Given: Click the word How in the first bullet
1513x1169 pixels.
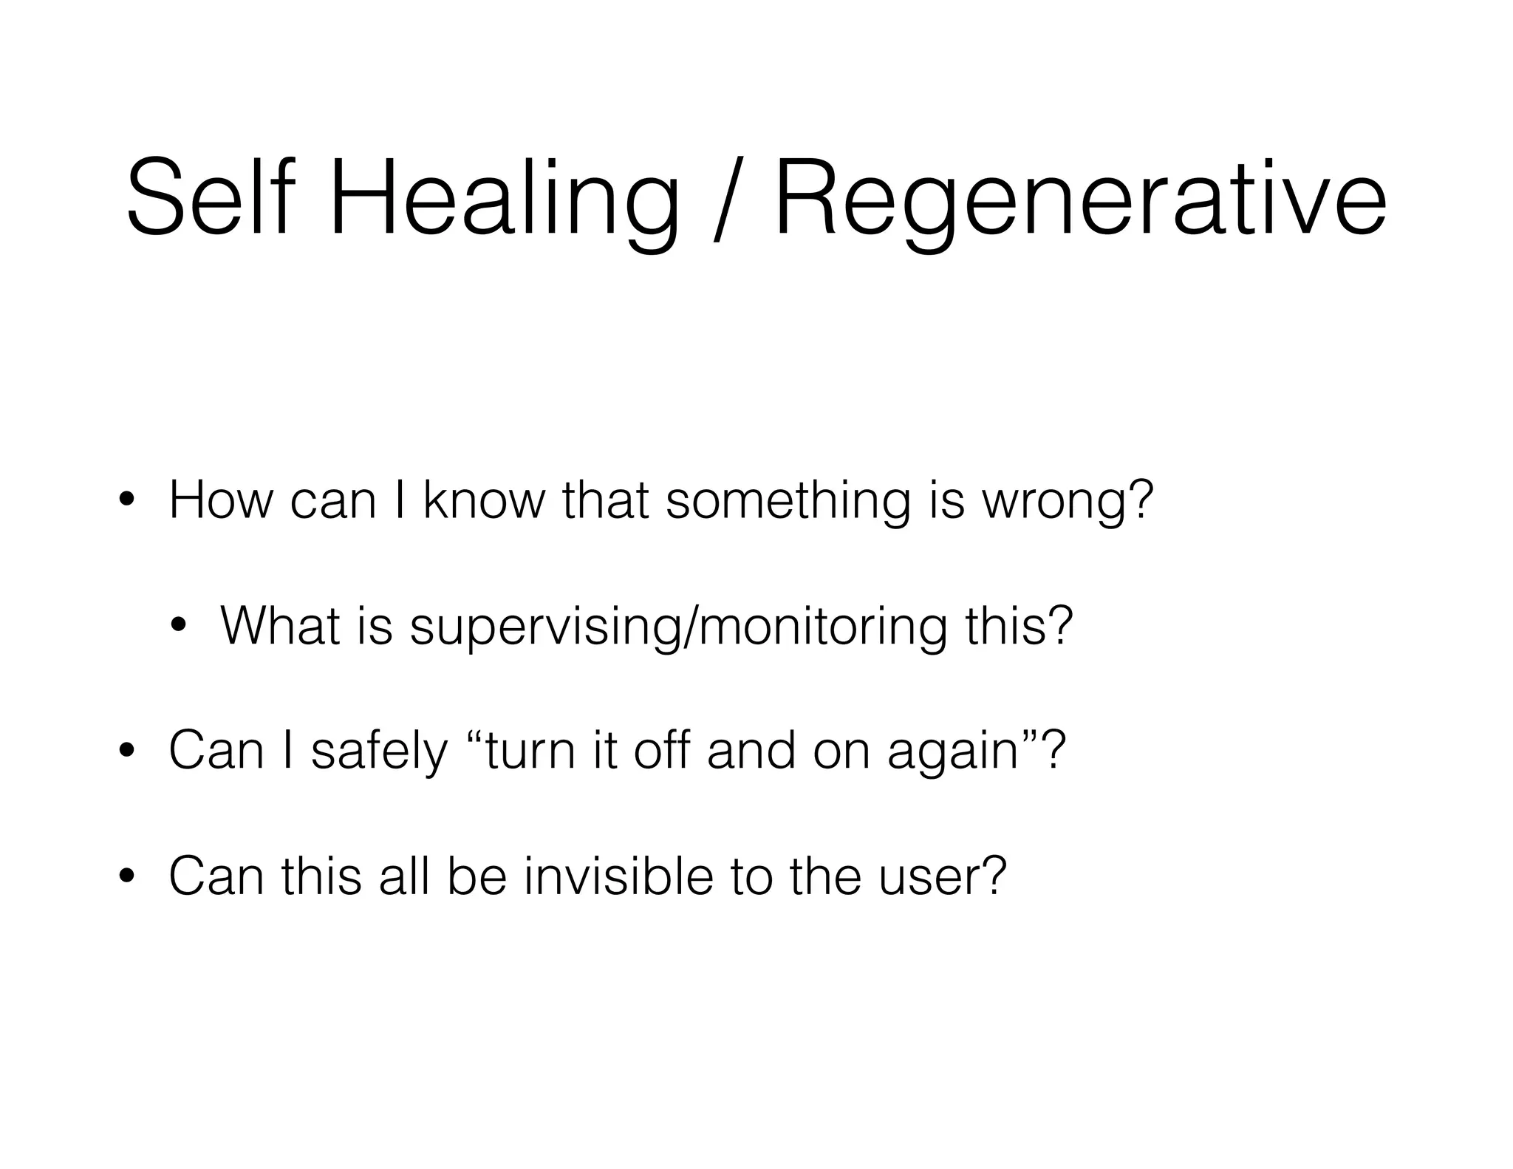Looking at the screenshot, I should pyautogui.click(x=220, y=500).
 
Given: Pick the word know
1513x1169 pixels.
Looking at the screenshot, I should pyautogui.click(x=482, y=500).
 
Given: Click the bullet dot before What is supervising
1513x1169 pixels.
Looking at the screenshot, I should pyautogui.click(x=177, y=627).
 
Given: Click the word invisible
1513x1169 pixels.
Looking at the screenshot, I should pyautogui.click(x=618, y=875).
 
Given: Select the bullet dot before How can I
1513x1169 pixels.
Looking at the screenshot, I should pyautogui.click(x=126, y=501).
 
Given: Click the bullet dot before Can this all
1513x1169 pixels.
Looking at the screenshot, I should pyautogui.click(x=126, y=876).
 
